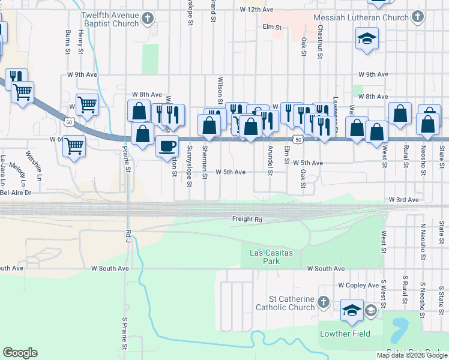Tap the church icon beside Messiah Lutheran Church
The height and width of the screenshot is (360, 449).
(417, 18)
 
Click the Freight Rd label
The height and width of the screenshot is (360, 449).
(247, 220)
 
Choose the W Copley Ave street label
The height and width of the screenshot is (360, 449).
(358, 286)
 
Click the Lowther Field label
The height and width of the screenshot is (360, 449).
(345, 334)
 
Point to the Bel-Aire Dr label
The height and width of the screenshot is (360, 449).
(16, 193)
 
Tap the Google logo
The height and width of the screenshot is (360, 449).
(20, 353)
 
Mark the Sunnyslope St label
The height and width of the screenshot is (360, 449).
(189, 166)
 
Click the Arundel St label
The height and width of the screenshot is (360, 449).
(270, 160)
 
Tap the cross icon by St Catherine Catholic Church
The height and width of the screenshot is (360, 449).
(324, 301)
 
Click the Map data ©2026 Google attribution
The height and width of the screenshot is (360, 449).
(411, 355)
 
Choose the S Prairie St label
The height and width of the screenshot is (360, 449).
(125, 334)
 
